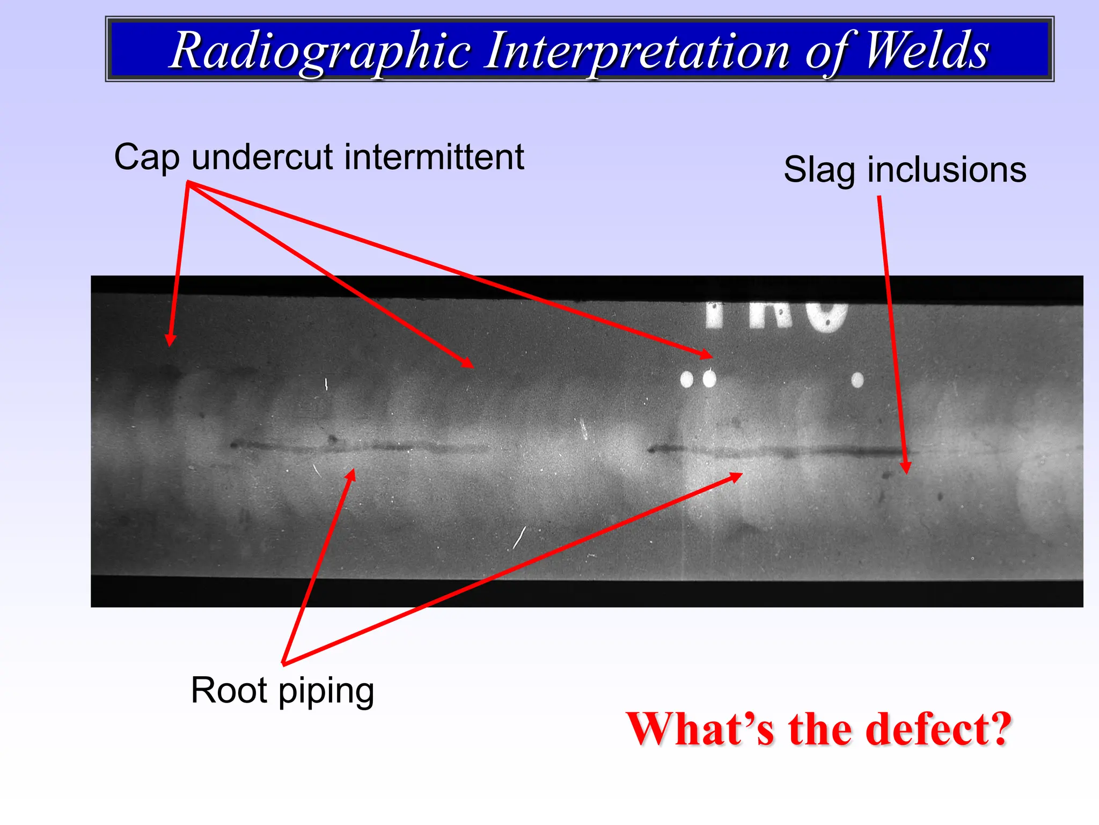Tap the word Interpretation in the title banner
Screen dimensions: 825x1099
tap(636, 52)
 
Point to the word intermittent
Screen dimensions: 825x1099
tap(434, 157)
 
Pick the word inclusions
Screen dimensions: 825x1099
tap(947, 170)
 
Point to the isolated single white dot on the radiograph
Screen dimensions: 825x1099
tap(858, 380)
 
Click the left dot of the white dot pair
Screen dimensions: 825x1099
tap(686, 380)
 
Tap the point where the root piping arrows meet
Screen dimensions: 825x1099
tap(284, 663)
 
